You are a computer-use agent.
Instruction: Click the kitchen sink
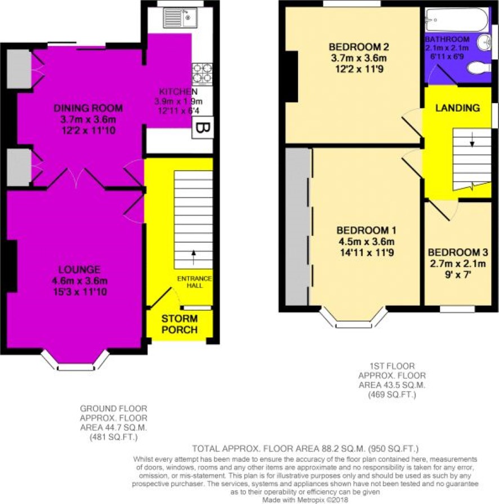180,17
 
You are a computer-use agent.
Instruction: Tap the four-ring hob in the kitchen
202,74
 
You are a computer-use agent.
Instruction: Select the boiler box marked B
203,128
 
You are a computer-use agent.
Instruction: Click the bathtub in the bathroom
457,20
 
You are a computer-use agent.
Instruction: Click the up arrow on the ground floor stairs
194,257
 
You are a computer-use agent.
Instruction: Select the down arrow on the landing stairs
472,139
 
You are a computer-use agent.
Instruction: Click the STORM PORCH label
180,324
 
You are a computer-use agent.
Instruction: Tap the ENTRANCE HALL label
194,282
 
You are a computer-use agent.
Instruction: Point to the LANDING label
457,108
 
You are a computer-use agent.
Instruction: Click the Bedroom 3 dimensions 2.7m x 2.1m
458,264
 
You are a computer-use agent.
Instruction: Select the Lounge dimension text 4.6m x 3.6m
79,281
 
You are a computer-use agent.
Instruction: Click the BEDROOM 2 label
359,47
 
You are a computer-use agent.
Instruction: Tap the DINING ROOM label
88,108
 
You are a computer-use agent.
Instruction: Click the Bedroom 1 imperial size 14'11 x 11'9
367,253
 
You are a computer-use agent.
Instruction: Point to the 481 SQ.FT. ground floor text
114,437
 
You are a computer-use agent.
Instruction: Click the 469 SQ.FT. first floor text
392,394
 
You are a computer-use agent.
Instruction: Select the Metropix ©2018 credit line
305,500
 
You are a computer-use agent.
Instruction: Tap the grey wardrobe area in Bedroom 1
297,226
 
